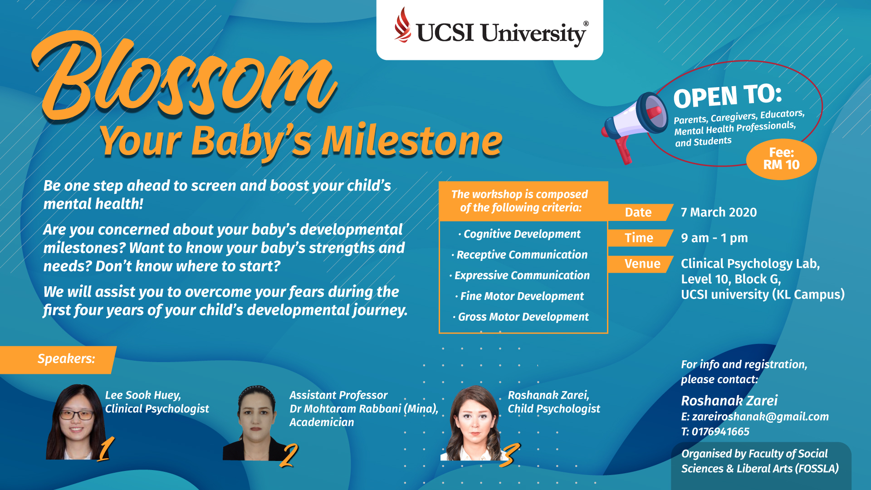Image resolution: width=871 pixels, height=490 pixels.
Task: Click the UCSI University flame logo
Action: pos(402,25)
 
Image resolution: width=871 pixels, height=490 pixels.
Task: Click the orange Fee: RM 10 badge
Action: pos(781,159)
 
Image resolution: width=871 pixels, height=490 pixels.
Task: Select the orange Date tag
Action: pos(640,212)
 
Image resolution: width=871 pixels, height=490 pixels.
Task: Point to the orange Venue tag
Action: pos(640,264)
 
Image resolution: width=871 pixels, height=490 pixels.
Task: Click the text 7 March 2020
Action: pos(719,212)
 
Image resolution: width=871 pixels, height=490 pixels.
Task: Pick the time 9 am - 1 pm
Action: pos(714,238)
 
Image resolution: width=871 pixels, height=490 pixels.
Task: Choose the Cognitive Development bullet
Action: pos(520,234)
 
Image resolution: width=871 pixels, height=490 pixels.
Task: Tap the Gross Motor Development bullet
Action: pos(521,317)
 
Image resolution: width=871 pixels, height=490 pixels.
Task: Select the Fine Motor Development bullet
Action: pos(520,296)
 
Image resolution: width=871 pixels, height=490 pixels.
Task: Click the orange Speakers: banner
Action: pos(58,360)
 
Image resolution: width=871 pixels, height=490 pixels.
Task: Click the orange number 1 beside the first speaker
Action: pos(106,449)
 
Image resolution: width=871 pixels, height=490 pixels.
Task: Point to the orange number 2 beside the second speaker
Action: pos(289,455)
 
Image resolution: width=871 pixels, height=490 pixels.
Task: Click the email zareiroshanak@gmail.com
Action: pos(760,417)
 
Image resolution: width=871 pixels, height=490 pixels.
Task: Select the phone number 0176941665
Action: pos(720,431)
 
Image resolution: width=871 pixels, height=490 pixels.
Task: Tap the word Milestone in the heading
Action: pos(412,141)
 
